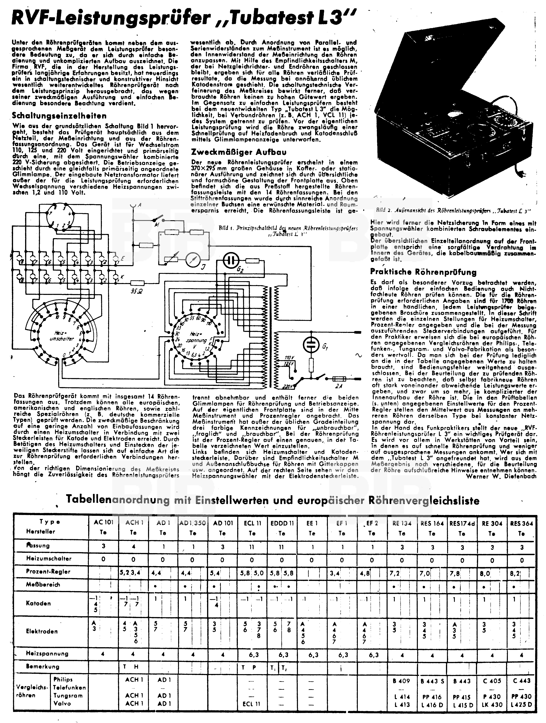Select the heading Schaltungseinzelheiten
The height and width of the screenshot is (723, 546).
pyautogui.click(x=59, y=116)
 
